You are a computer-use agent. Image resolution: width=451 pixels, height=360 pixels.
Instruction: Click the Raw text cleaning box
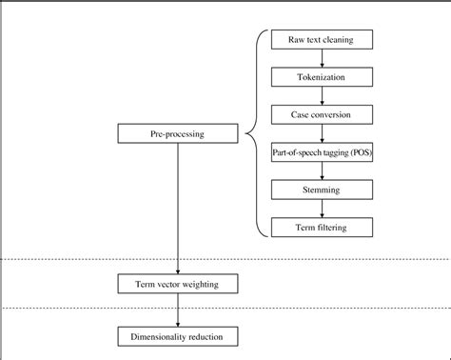pyautogui.click(x=322, y=40)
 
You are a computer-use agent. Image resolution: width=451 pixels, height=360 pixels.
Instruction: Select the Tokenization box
pyautogui.click(x=322, y=77)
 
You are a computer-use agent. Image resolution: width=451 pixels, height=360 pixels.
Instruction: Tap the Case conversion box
pyautogui.click(x=322, y=114)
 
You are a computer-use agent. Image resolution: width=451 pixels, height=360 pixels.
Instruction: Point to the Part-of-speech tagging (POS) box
pyautogui.click(x=322, y=152)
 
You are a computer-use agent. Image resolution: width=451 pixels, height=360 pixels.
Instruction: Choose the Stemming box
pyautogui.click(x=322, y=190)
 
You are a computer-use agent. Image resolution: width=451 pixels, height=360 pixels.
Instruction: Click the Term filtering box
pyautogui.click(x=322, y=227)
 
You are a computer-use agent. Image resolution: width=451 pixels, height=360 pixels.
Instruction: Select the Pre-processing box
pyautogui.click(x=178, y=134)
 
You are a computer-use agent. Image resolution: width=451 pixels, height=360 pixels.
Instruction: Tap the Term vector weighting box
pyautogui.click(x=178, y=284)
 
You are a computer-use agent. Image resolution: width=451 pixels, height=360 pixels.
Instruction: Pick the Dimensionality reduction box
pyautogui.click(x=178, y=335)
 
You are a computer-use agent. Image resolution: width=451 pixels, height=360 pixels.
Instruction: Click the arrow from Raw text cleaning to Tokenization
pyautogui.click(x=322, y=58)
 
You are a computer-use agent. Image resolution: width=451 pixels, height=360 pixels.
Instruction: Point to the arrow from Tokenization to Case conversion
pyautogui.click(x=322, y=95)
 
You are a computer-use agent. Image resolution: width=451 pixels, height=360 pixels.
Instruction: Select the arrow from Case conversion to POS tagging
pyautogui.click(x=322, y=133)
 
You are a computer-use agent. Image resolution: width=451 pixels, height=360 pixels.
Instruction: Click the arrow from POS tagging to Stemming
pyautogui.click(x=322, y=170)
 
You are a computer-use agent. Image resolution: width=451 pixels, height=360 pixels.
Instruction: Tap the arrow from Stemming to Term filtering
pyautogui.click(x=322, y=208)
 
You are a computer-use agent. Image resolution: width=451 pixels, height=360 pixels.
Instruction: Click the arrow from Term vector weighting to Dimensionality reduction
pyautogui.click(x=178, y=310)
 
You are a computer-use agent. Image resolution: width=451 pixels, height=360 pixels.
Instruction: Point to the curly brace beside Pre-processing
pyautogui.click(x=255, y=134)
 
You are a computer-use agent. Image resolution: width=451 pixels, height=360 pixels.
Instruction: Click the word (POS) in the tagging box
pyautogui.click(x=356, y=152)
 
